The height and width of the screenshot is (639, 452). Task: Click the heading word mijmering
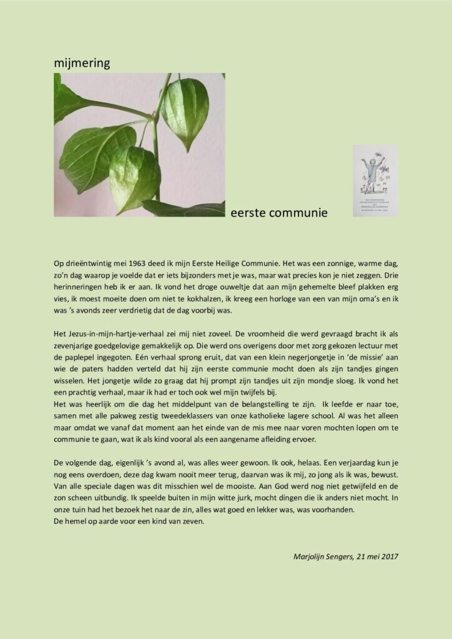click(82, 62)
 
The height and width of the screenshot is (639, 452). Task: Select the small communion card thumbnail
click(375, 181)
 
